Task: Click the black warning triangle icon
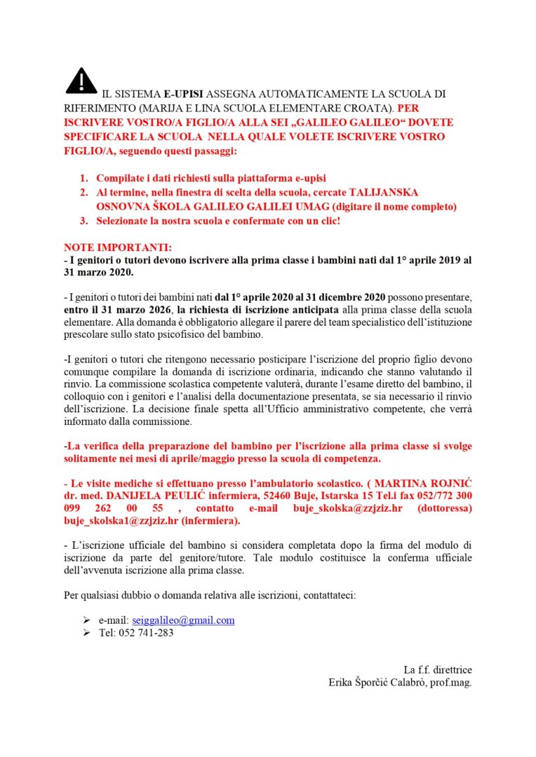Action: pyautogui.click(x=81, y=81)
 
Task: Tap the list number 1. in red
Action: pyautogui.click(x=83, y=178)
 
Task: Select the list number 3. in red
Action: pyautogui.click(x=83, y=220)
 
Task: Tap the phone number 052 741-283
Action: pyautogui.click(x=148, y=634)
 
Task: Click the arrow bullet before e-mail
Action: pyautogui.click(x=86, y=620)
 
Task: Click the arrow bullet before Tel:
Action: pyautogui.click(x=86, y=634)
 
